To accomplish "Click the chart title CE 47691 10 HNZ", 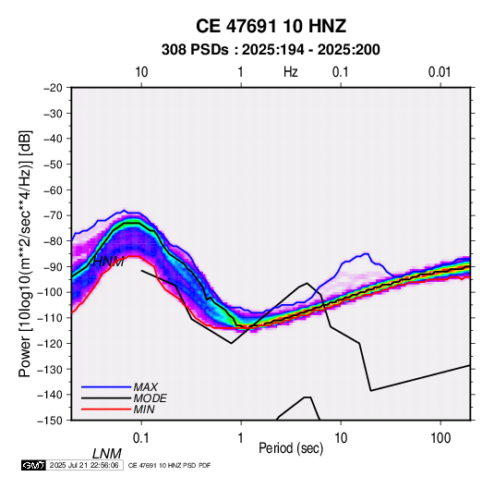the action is (271, 26).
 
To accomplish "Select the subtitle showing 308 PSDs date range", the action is (271, 50).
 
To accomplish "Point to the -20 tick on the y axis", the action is (53, 88).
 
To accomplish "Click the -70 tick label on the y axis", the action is (53, 215).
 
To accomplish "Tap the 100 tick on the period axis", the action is (440, 438).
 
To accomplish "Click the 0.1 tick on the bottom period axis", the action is (141, 438).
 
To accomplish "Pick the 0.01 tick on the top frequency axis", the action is (440, 72).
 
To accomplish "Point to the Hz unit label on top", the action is (291, 72).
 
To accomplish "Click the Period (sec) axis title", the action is (291, 448).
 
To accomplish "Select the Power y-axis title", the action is (25, 254).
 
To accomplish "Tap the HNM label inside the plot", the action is (108, 262).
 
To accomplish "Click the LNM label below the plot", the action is (107, 454).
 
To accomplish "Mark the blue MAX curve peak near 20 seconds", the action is (367, 253).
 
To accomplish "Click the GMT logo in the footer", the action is (33, 465).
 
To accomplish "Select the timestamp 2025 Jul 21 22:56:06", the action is (84, 465).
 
